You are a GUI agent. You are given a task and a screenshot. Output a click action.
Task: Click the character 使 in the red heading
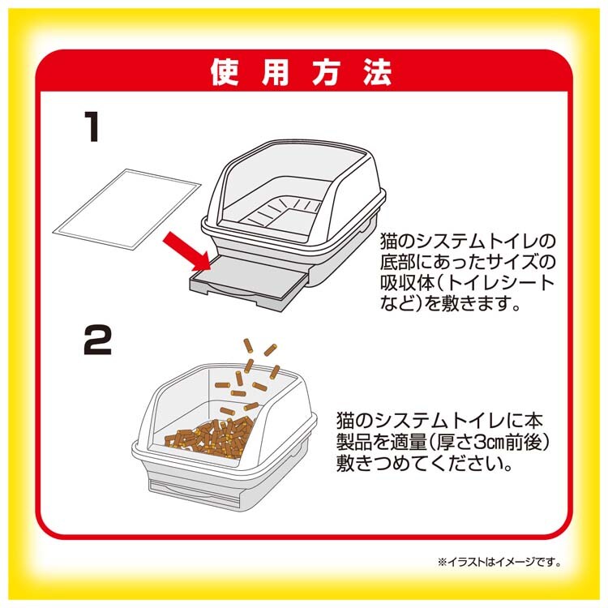pos(225,72)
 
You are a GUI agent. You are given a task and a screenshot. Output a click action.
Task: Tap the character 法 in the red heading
pos(377,72)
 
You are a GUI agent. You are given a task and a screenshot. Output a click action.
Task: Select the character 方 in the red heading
pos(327,72)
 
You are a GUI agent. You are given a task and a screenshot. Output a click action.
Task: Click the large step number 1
pos(92,126)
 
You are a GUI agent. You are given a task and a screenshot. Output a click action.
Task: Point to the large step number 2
pos(98,340)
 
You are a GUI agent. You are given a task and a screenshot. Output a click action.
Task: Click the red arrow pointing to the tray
pos(186,250)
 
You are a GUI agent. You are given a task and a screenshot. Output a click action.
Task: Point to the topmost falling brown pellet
pos(247,345)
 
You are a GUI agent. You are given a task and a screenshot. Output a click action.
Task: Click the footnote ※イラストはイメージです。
pos(499,562)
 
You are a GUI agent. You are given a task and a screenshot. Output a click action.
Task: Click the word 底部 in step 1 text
pos(400,262)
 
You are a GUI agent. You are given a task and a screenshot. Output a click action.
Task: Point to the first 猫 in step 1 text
pos(389,242)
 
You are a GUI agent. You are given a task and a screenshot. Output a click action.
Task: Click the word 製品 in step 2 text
pos(356,443)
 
